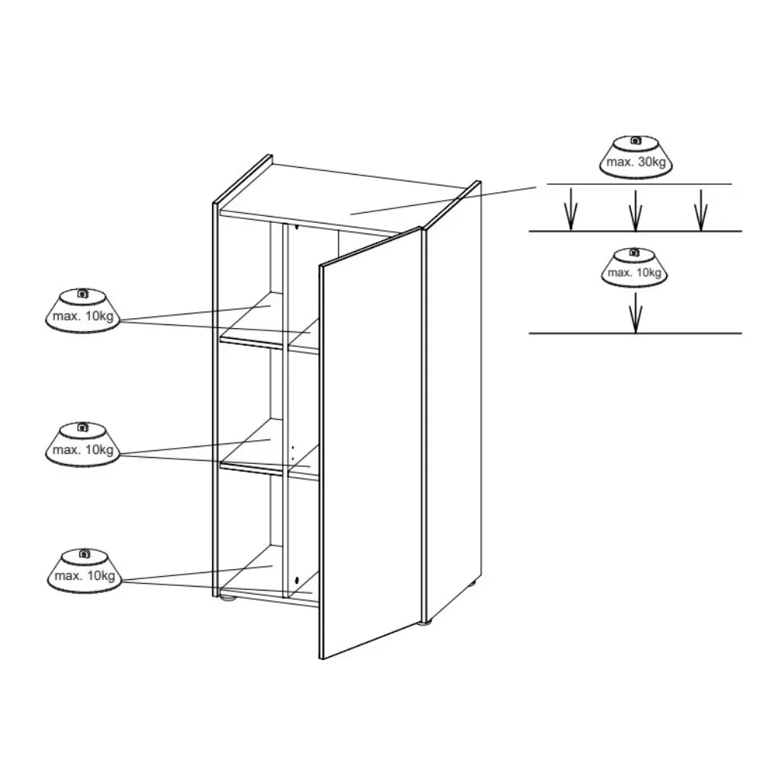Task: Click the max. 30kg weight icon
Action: coord(636,157)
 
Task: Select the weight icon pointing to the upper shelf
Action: coord(82,311)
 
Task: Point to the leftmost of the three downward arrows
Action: coord(571,210)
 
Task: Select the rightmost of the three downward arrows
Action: coord(700,210)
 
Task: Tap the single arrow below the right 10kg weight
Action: coord(636,312)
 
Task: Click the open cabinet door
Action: coord(371,443)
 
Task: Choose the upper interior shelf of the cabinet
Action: coord(269,324)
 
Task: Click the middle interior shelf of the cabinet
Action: coord(269,450)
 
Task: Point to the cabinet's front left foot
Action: coord(227,598)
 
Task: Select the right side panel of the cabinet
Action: coord(453,401)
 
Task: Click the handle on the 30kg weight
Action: coord(636,140)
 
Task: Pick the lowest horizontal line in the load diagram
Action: coord(636,333)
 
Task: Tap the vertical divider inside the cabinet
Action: coord(285,411)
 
